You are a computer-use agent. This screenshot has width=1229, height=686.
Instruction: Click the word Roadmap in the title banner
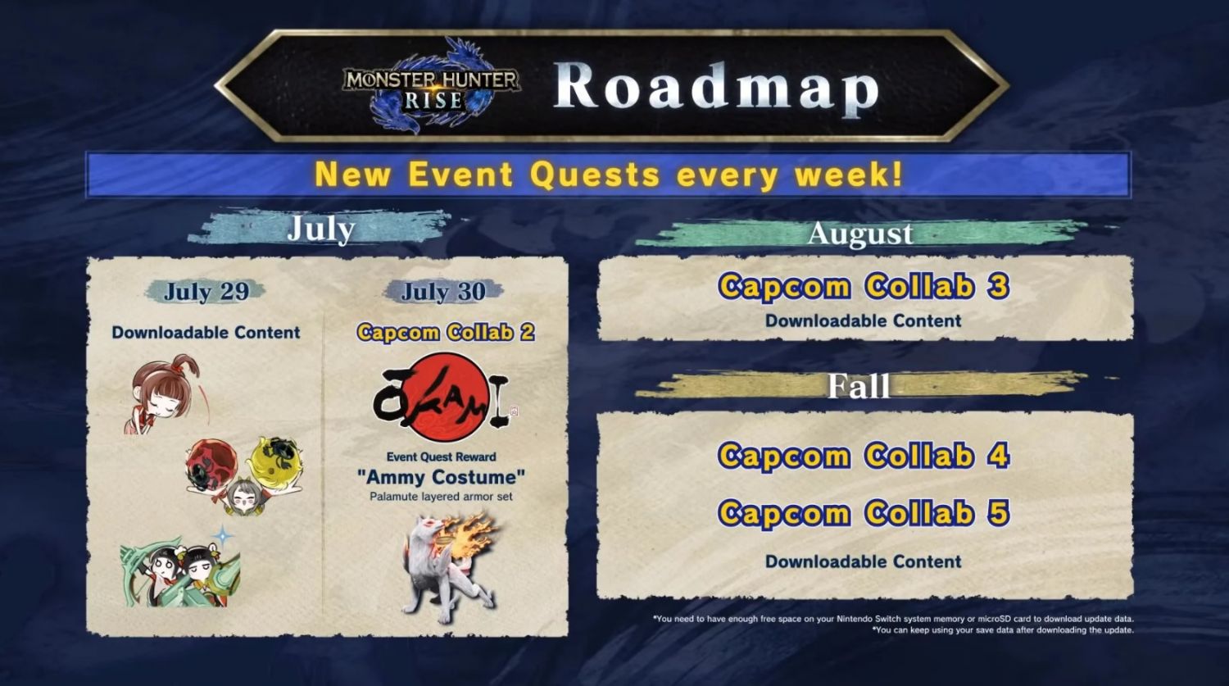717,87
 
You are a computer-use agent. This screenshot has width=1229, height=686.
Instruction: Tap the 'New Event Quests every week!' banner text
609,175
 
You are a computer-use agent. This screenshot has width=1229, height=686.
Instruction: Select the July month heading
321,229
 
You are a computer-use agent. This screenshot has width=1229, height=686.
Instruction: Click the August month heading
860,234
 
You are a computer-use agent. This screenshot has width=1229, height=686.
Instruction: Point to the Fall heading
859,386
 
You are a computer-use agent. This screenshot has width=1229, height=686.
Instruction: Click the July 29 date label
206,292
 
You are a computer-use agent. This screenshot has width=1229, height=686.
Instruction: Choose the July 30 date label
443,292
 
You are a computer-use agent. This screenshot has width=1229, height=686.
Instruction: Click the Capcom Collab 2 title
446,332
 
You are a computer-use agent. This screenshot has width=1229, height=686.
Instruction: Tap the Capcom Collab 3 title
864,287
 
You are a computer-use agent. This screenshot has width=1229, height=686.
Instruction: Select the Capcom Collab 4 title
864,456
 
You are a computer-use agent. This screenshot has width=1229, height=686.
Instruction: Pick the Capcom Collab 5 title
864,512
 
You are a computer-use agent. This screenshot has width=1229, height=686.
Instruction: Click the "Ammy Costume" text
441,477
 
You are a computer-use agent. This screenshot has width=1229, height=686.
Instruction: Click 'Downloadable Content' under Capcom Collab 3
863,321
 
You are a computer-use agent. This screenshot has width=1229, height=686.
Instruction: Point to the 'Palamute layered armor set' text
441,497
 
